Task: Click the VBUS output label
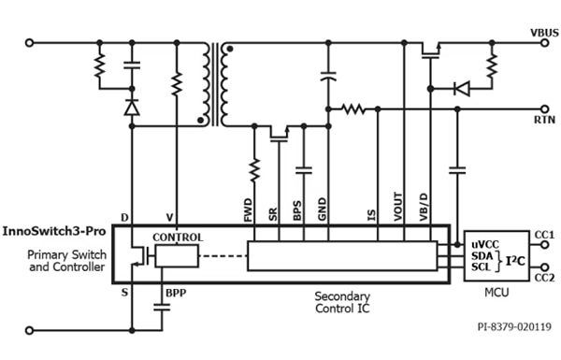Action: (x=543, y=32)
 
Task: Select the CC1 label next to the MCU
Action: (x=545, y=234)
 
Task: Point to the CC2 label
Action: (x=545, y=278)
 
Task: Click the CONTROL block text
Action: (x=178, y=238)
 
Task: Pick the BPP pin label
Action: (x=177, y=293)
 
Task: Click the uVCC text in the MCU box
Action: (x=485, y=243)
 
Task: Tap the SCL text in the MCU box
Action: (x=481, y=267)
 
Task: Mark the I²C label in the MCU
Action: (x=514, y=255)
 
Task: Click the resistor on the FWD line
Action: (x=253, y=171)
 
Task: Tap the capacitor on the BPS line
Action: (x=302, y=171)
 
